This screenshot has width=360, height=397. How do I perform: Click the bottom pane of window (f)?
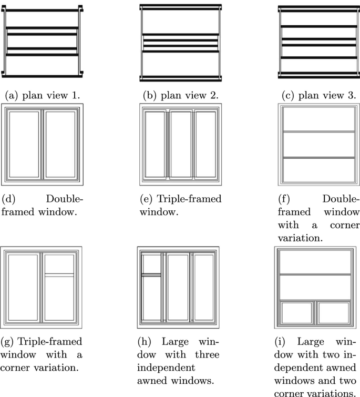[x=318, y=169]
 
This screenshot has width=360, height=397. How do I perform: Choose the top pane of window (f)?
[x=318, y=119]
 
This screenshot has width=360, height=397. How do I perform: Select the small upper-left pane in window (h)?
[x=152, y=263]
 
